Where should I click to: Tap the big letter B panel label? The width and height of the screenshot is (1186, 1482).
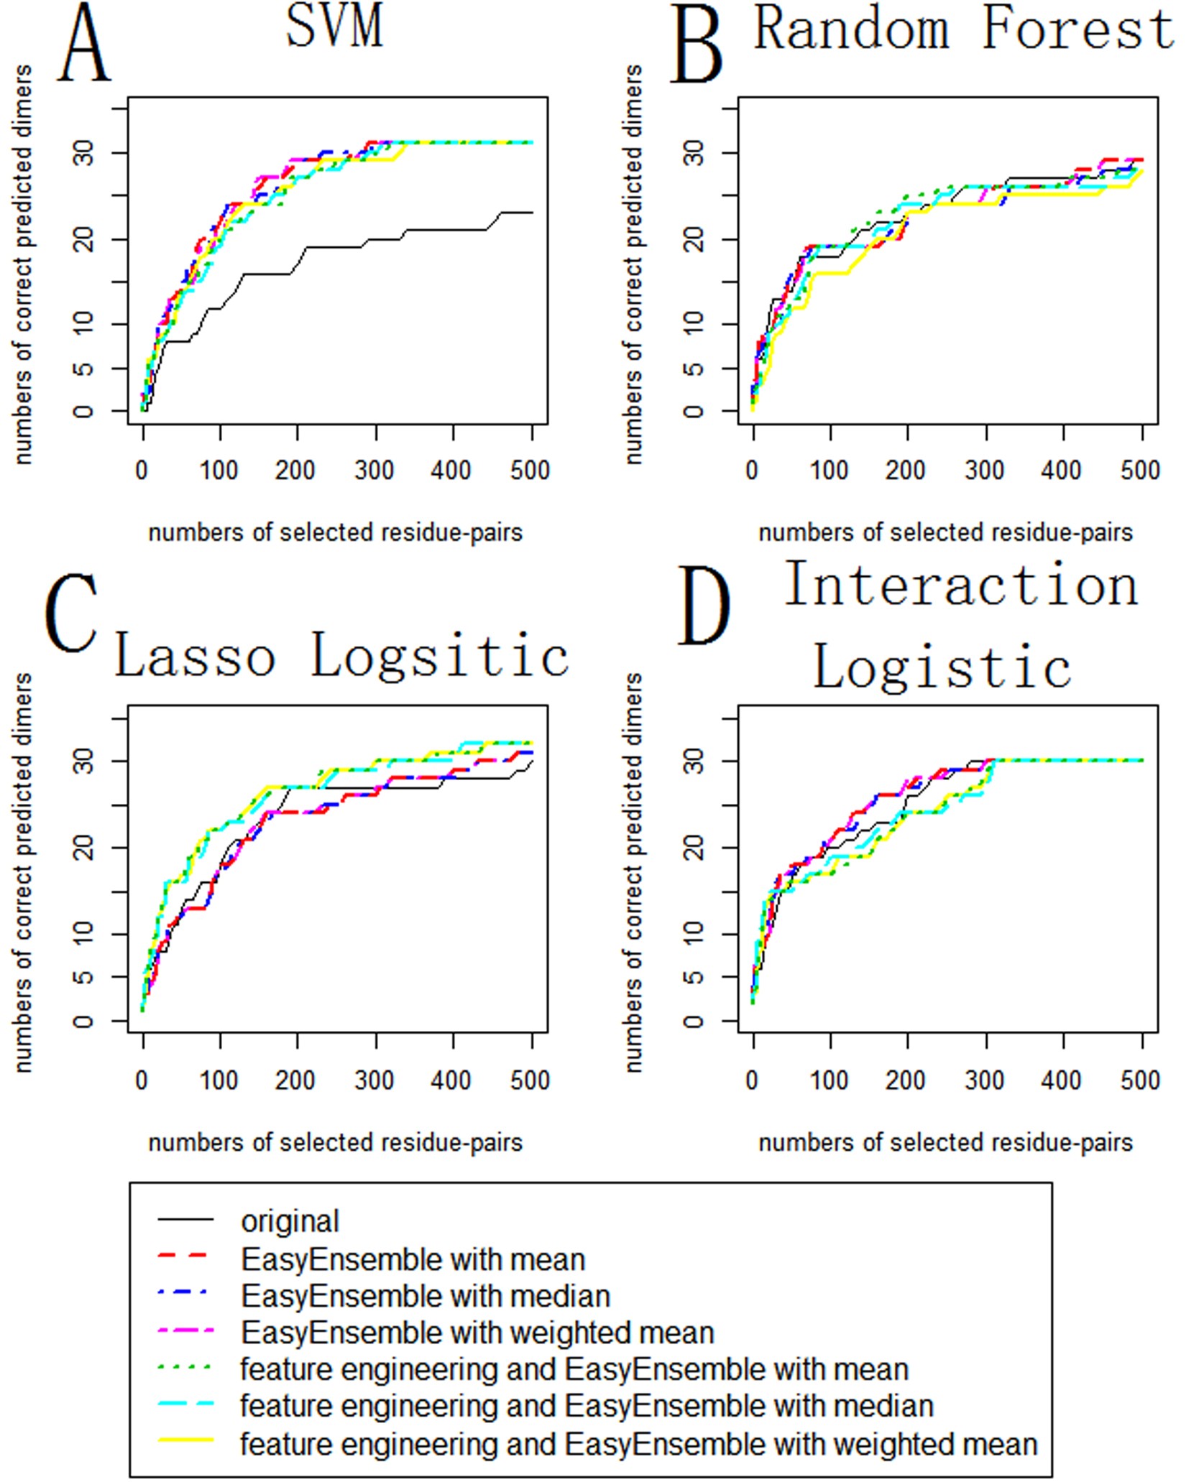pyautogui.click(x=697, y=45)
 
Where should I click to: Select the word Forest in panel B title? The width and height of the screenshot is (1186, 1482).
pyautogui.click(x=1077, y=30)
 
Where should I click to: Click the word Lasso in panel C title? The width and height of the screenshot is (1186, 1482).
pyautogui.click(x=196, y=657)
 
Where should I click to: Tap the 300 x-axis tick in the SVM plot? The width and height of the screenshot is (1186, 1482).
pyautogui.click(x=374, y=471)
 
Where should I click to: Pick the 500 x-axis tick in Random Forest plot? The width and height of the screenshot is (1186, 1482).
pyautogui.click(x=1140, y=471)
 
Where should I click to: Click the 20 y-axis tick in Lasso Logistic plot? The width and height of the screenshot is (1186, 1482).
pyautogui.click(x=85, y=848)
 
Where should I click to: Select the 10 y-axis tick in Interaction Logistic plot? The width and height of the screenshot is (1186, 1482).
pyautogui.click(x=694, y=934)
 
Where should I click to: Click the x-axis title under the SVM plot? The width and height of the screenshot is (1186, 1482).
pyautogui.click(x=335, y=533)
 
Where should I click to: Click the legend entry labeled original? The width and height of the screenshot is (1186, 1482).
pyautogui.click(x=290, y=1222)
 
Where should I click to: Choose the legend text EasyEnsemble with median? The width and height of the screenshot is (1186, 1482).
pyautogui.click(x=426, y=1297)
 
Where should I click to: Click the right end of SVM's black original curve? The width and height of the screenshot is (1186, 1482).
pyautogui.click(x=530, y=213)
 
